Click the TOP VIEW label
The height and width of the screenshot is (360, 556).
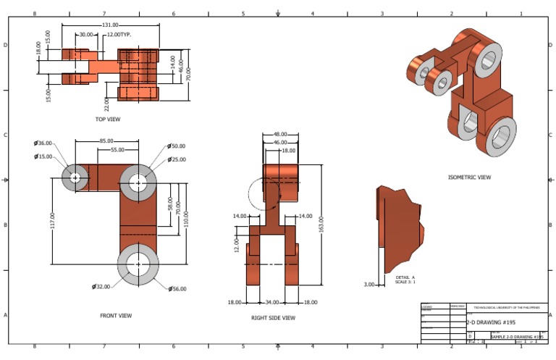[x=107, y=119]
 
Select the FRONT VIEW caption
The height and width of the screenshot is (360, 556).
[x=116, y=316]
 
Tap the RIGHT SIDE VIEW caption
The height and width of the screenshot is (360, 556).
[x=273, y=317]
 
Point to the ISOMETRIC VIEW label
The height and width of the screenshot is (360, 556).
[x=469, y=177]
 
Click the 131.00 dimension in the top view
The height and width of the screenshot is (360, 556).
[x=110, y=25]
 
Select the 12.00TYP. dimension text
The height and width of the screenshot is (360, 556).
[x=119, y=35]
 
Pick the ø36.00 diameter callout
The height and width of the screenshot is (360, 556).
[x=43, y=143]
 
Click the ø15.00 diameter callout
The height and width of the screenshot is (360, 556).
[x=43, y=156]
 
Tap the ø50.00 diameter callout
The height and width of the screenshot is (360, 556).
[x=176, y=146]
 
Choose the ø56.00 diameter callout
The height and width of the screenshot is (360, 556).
[x=177, y=289]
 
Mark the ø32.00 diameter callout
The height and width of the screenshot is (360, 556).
[x=101, y=287]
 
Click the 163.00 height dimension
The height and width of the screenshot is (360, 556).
[x=321, y=225]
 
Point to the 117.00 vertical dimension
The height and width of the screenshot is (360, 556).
[x=51, y=217]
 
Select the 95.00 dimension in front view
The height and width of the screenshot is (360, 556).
[x=106, y=141]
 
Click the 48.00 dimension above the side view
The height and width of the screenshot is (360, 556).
[x=280, y=135]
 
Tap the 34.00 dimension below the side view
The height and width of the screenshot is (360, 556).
[x=271, y=302]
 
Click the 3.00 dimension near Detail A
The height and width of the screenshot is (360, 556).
[x=368, y=285]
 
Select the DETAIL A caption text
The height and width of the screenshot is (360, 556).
[x=405, y=277]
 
